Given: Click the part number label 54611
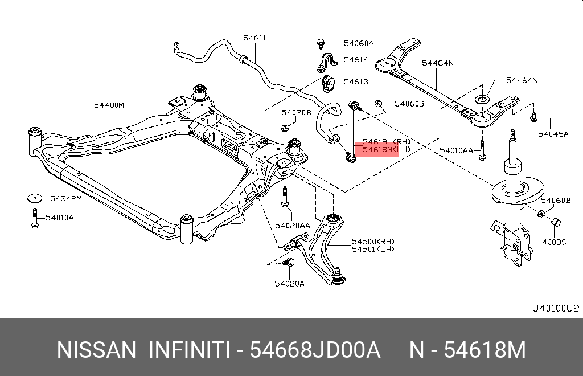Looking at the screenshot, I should pyautogui.click(x=254, y=38).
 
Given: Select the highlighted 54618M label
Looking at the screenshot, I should pyautogui.click(x=376, y=149).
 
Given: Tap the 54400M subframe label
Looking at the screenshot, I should pyautogui.click(x=109, y=105).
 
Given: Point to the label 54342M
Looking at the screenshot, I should pyautogui.click(x=65, y=198).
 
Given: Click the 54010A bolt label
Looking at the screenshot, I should pyautogui.click(x=60, y=218).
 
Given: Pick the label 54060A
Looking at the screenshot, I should pyautogui.click(x=359, y=43).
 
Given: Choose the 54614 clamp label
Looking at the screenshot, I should pyautogui.click(x=356, y=59).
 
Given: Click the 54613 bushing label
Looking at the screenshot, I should pyautogui.click(x=356, y=81).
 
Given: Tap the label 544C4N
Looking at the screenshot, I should pyautogui.click(x=437, y=63).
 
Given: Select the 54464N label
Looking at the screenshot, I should pyautogui.click(x=522, y=80).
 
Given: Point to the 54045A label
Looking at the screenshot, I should pyautogui.click(x=553, y=134).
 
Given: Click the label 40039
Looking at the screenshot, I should pyautogui.click(x=554, y=242).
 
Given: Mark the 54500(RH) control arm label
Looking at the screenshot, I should pyautogui.click(x=373, y=241).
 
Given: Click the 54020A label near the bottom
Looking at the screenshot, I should pyautogui.click(x=289, y=283).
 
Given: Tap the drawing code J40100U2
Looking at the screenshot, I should pyautogui.click(x=555, y=308).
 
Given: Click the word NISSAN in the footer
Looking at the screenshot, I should pyautogui.click(x=96, y=350).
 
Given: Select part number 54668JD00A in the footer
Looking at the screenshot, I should pyautogui.click(x=315, y=350).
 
